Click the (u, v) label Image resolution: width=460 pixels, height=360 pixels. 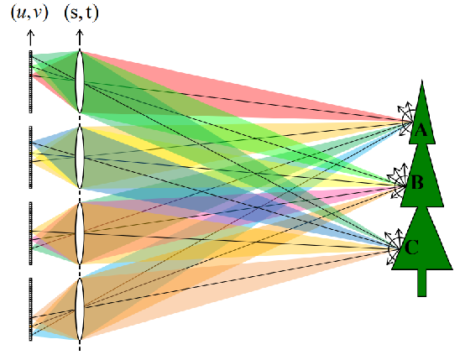pyautogui.click(x=29, y=13)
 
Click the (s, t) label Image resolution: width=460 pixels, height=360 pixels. pyautogui.click(x=81, y=13)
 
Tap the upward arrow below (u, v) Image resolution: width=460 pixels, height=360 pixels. pyautogui.click(x=30, y=38)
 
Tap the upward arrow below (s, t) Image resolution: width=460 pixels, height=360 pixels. pyautogui.click(x=80, y=38)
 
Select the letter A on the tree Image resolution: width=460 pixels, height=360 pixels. pyautogui.click(x=421, y=130)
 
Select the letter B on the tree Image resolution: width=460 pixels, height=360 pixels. pyautogui.click(x=417, y=182)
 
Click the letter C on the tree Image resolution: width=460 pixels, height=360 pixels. pyautogui.click(x=411, y=248)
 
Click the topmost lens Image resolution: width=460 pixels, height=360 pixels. pyautogui.click(x=80, y=81)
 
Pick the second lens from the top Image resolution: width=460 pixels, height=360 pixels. pyautogui.click(x=80, y=157)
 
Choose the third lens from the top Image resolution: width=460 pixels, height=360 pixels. pyautogui.click(x=80, y=233)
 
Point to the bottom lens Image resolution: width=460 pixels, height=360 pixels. pyautogui.click(x=80, y=309)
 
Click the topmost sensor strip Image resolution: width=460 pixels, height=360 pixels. pyautogui.click(x=30, y=81)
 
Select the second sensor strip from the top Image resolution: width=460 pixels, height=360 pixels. pyautogui.click(x=30, y=157)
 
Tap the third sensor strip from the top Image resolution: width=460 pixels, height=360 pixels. pyautogui.click(x=30, y=233)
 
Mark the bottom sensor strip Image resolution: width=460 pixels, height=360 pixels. pyautogui.click(x=30, y=310)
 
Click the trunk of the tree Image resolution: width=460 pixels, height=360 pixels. pyautogui.click(x=422, y=283)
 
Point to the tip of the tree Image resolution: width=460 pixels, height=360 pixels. pyautogui.click(x=422, y=80)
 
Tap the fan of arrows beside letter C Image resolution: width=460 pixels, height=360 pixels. pyautogui.click(x=393, y=248)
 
